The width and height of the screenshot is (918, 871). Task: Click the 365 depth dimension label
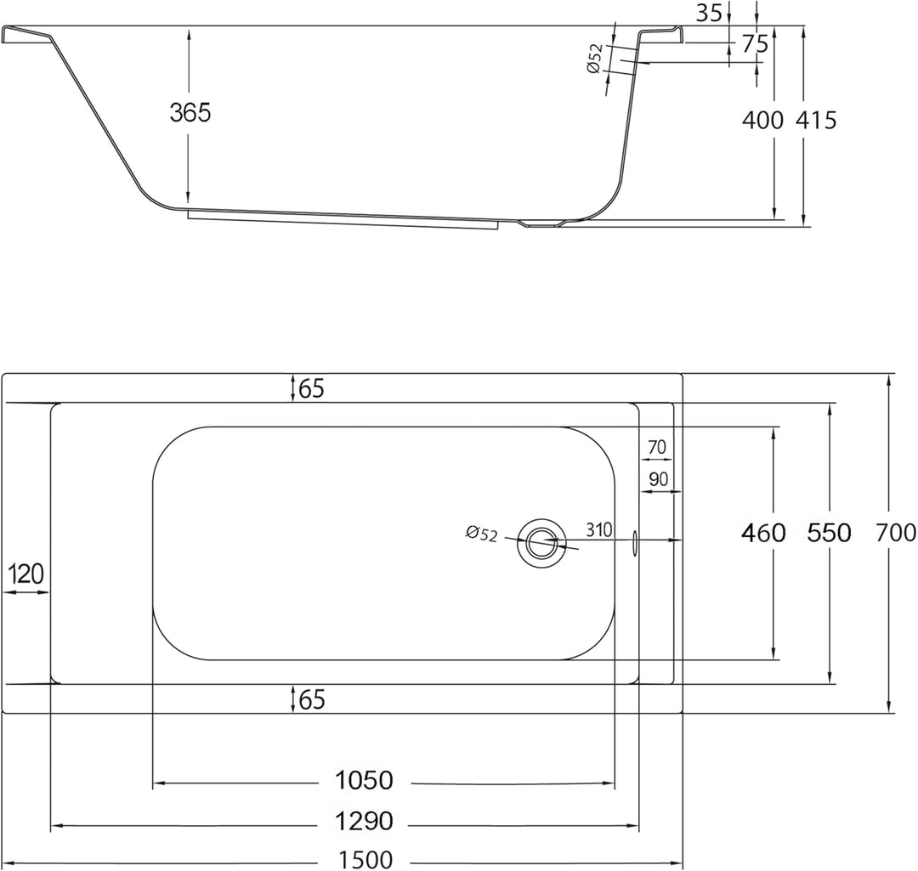tap(190, 112)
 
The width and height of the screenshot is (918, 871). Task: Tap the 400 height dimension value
tap(762, 120)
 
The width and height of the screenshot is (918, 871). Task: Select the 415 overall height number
tap(816, 120)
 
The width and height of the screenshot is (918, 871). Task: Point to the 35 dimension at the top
tap(710, 12)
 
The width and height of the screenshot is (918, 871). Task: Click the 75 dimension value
tap(755, 44)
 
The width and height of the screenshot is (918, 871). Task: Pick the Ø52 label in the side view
tap(594, 59)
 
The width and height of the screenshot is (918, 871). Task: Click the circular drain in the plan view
tap(541, 543)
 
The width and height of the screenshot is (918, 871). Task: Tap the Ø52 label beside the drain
tap(481, 534)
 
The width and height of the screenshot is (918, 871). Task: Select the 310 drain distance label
tap(599, 529)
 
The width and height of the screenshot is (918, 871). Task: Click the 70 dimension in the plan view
tap(657, 447)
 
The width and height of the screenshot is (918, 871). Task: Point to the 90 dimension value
tap(659, 479)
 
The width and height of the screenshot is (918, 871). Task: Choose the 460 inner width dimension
tap(763, 533)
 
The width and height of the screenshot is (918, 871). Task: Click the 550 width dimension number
tap(829, 533)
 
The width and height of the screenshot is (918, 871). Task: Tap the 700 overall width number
tap(896, 533)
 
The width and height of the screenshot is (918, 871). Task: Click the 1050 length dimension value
tap(364, 780)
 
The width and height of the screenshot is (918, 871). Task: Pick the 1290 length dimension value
tap(364, 821)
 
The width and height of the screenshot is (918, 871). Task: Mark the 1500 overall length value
tap(365, 861)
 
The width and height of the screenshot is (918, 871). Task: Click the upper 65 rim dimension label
tap(311, 388)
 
